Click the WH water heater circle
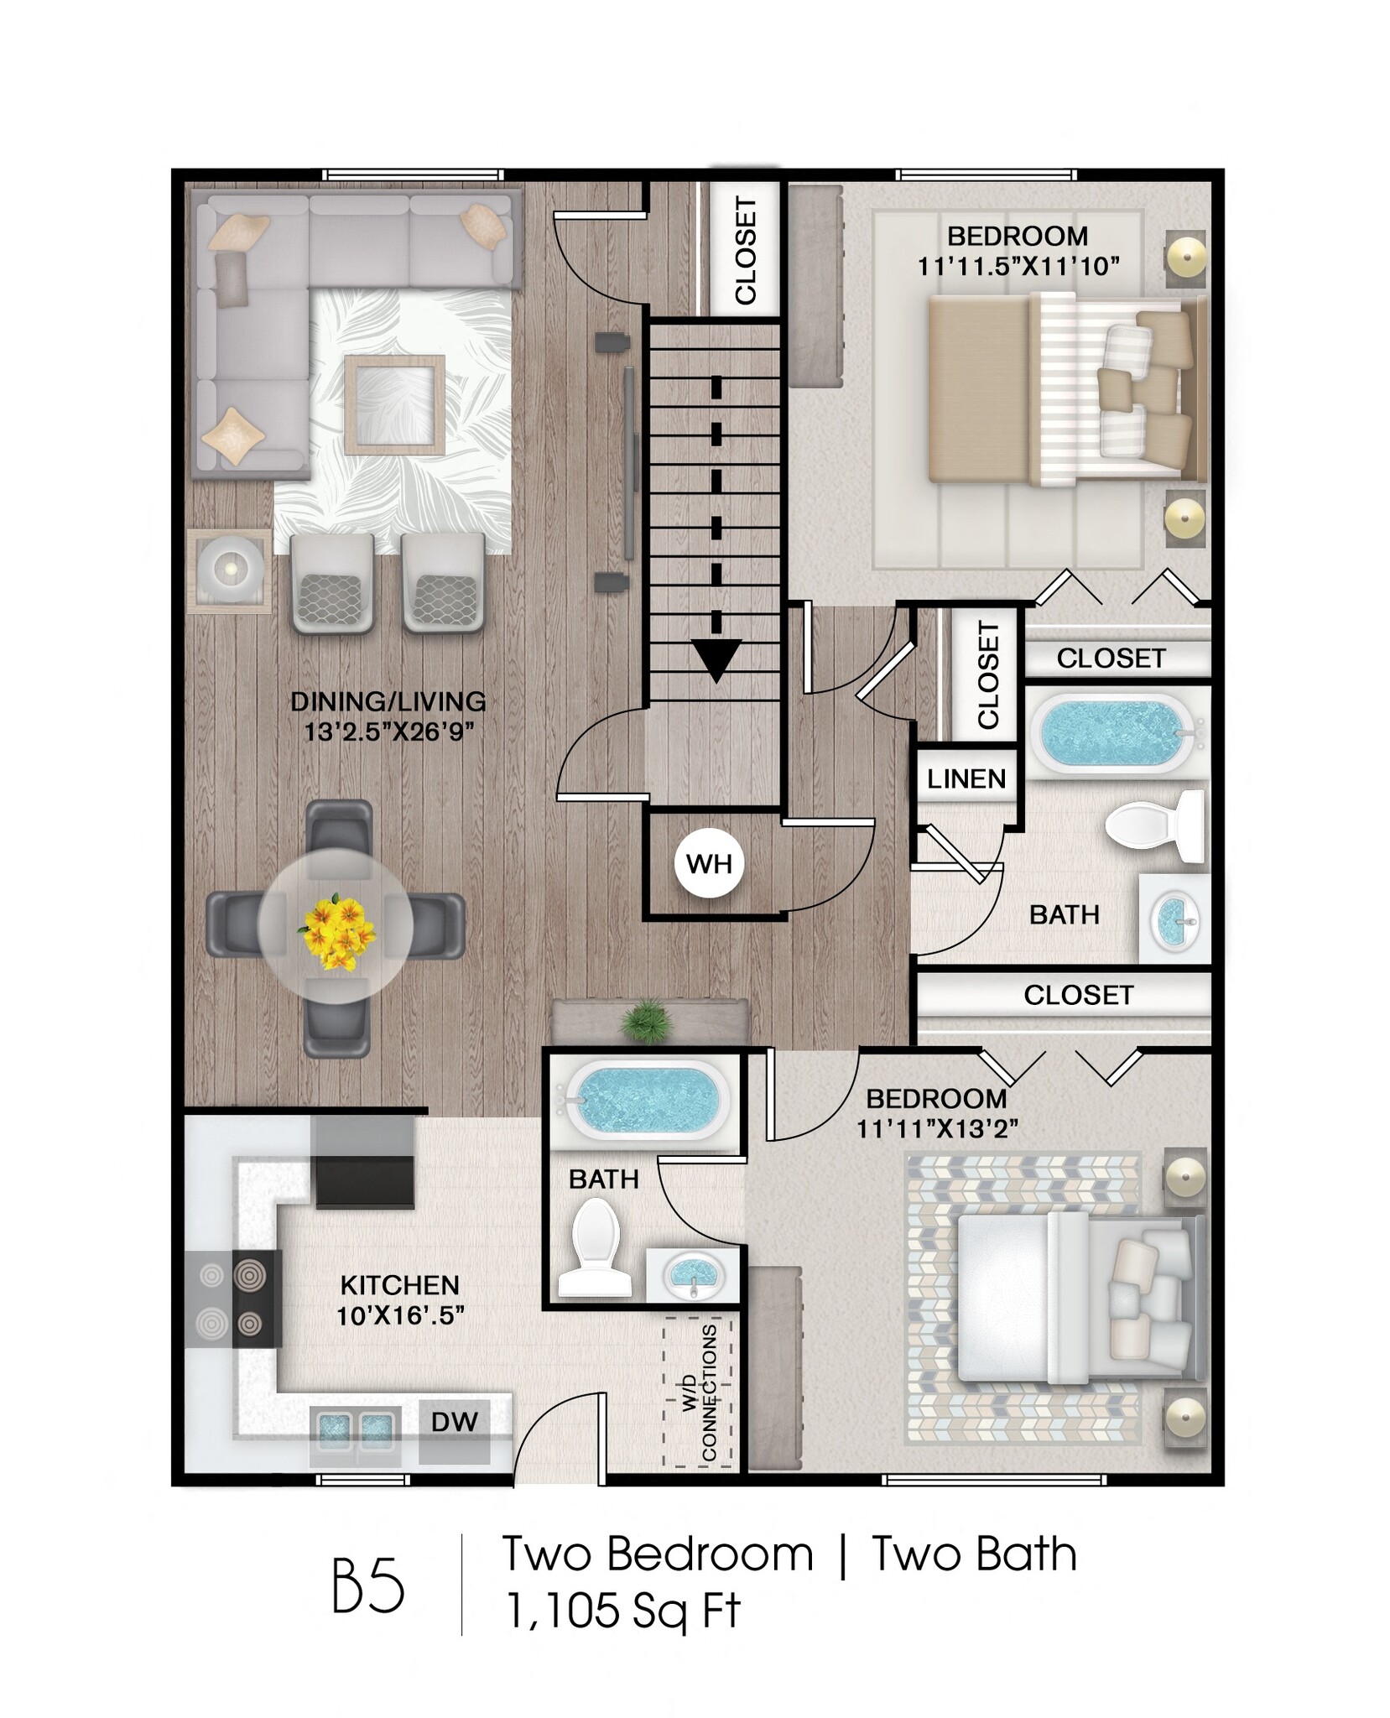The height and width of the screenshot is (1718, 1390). pos(709,863)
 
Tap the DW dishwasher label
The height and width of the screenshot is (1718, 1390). pos(454,1421)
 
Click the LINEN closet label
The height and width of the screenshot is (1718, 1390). pos(966,779)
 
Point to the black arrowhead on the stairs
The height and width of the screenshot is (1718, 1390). pos(716,659)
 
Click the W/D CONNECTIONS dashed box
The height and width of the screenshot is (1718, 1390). pos(697,1393)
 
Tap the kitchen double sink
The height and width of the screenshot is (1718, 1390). pos(352,1427)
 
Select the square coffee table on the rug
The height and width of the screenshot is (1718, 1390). pos(394,404)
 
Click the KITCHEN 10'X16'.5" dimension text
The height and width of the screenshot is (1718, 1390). pos(400,1315)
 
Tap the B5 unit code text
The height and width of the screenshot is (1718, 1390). pos(368,1586)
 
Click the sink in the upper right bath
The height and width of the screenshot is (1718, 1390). pos(1174,920)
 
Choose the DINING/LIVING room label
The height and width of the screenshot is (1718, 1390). pos(388,701)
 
